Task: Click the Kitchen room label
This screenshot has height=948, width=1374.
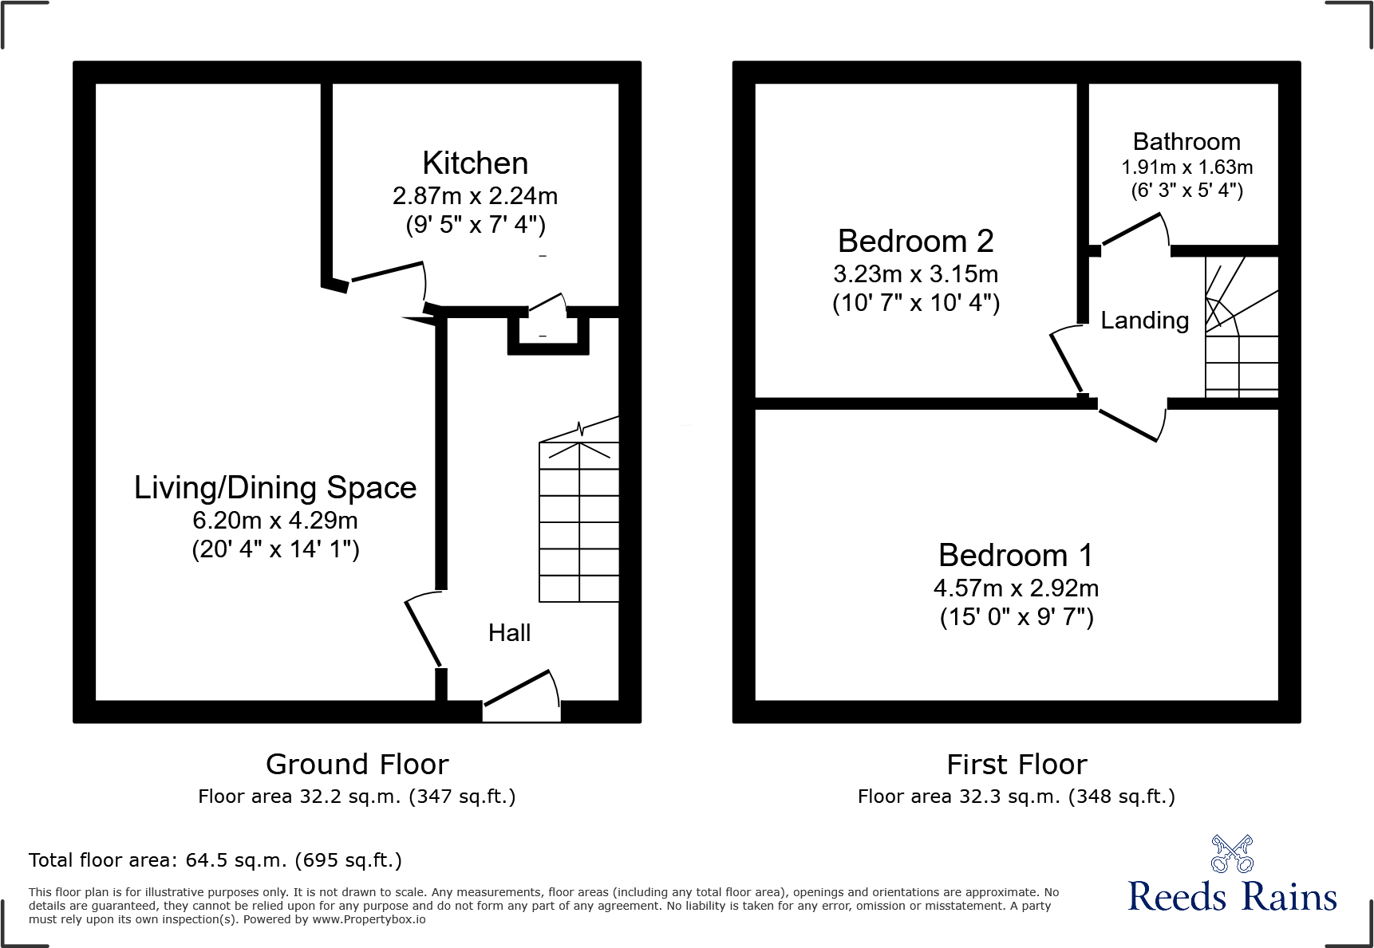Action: point(475,163)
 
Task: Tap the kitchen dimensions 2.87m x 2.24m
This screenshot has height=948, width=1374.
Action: point(475,196)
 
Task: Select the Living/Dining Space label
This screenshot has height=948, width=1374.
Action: point(275,488)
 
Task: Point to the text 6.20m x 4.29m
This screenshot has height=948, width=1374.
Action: point(275,521)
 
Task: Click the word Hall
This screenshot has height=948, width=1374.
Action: point(509,633)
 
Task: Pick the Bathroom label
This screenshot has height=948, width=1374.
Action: point(1186,142)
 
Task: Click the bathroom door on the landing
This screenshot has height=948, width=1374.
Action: point(1133,230)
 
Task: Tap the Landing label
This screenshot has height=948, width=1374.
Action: point(1144,321)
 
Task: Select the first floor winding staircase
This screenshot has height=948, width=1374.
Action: point(1241,327)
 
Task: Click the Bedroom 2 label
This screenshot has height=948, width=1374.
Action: point(915,242)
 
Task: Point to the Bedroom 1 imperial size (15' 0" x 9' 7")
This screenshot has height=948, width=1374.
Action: point(1016,617)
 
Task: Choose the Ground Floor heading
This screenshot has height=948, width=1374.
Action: point(357,765)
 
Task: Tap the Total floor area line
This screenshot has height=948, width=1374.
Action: point(215,860)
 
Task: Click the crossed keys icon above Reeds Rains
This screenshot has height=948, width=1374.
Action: point(1231,854)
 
